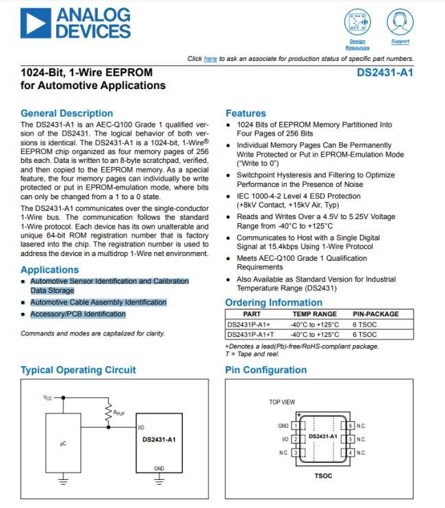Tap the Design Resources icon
[357, 22]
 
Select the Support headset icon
[399, 22]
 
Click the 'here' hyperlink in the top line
[210, 59]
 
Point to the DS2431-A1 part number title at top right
[385, 71]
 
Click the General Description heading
[66, 114]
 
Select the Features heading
[245, 114]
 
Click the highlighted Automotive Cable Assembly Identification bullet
[98, 302]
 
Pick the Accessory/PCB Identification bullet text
[77, 314]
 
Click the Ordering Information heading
[274, 303]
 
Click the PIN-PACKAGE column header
[375, 314]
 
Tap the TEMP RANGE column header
[315, 314]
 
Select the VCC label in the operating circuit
[47, 398]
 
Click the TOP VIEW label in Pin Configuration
[282, 402]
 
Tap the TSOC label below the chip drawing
[322, 473]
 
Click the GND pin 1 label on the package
[283, 426]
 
